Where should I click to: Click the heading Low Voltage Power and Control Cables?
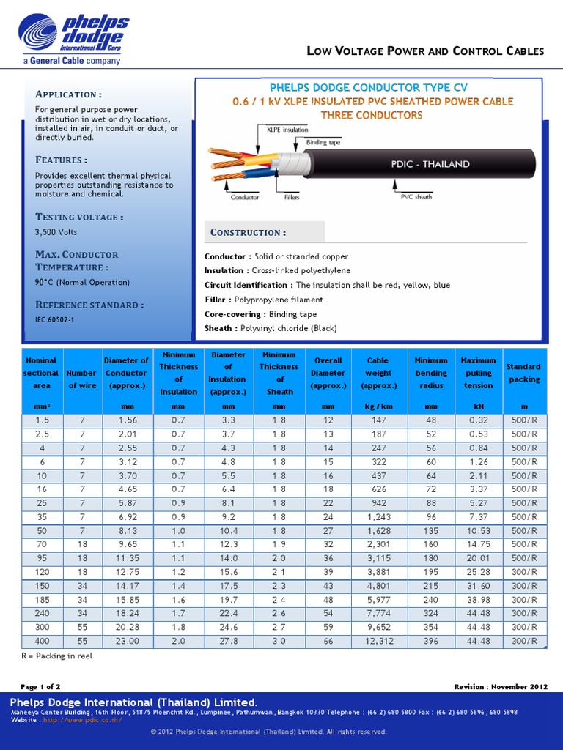(x=424, y=51)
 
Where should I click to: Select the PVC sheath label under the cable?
(x=416, y=197)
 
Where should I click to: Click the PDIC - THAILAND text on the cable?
(x=430, y=164)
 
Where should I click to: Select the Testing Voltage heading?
(x=79, y=217)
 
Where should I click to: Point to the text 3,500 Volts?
(x=56, y=232)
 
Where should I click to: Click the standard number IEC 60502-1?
(x=54, y=319)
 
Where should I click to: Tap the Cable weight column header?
(x=379, y=373)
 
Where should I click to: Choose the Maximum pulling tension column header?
(x=478, y=373)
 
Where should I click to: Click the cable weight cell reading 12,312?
(x=379, y=641)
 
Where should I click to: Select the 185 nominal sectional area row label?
(x=41, y=599)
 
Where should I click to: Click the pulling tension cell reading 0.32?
(x=478, y=420)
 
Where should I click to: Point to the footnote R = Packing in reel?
(x=57, y=656)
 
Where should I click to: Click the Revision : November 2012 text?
(x=501, y=687)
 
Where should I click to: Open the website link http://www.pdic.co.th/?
(x=83, y=719)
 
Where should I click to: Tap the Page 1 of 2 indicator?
(x=40, y=687)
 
